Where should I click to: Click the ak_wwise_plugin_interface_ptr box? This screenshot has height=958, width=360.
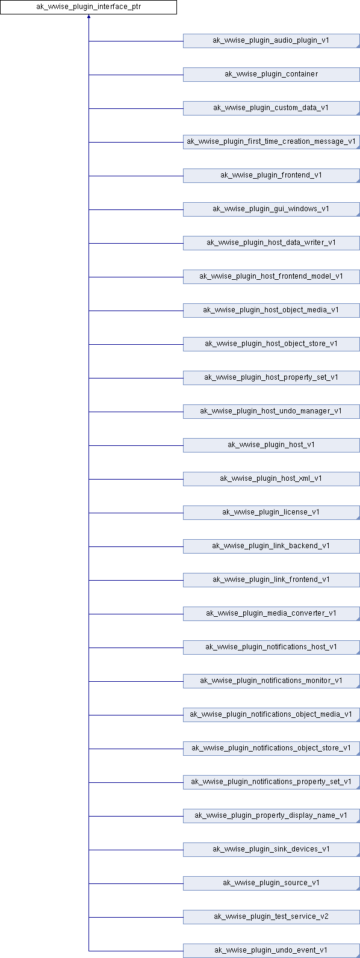pyautogui.click(x=88, y=7)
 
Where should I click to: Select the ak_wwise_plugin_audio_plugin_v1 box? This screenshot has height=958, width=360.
pyautogui.click(x=272, y=41)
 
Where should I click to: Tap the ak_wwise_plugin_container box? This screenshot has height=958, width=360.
pyautogui.click(x=272, y=75)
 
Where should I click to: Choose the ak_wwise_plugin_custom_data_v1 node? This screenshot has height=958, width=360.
pyautogui.click(x=272, y=108)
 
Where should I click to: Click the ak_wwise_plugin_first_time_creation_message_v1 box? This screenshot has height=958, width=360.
pyautogui.click(x=272, y=142)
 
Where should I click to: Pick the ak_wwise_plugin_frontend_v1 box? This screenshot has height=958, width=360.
pyautogui.click(x=272, y=176)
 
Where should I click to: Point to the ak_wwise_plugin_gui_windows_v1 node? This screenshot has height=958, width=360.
pyautogui.click(x=272, y=209)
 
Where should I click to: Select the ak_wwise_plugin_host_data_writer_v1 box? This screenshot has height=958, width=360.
pyautogui.click(x=272, y=243)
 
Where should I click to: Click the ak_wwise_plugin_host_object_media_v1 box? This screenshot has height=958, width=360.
pyautogui.click(x=272, y=311)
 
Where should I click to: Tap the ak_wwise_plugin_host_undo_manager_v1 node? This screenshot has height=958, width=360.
pyautogui.click(x=272, y=412)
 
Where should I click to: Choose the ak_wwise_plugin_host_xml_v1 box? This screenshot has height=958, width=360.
pyautogui.click(x=272, y=479)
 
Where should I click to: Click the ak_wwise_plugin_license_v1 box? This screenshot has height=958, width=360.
pyautogui.click(x=272, y=513)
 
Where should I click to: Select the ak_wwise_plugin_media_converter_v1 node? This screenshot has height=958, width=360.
pyautogui.click(x=272, y=614)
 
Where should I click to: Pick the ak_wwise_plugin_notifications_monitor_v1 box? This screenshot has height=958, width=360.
pyautogui.click(x=272, y=681)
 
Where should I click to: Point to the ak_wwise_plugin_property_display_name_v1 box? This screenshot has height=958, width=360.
pyautogui.click(x=272, y=816)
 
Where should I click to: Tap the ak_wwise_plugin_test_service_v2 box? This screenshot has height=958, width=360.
pyautogui.click(x=272, y=917)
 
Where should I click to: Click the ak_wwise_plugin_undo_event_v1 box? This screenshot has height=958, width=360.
pyautogui.click(x=272, y=951)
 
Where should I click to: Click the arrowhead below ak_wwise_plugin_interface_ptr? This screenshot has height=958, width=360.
pyautogui.click(x=88, y=16)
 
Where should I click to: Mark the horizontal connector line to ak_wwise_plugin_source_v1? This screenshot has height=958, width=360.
pyautogui.click(x=136, y=883)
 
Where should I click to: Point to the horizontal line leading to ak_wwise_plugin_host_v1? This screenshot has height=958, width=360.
pyautogui.click(x=136, y=446)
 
